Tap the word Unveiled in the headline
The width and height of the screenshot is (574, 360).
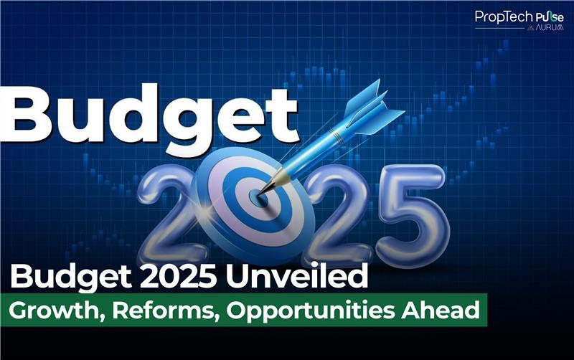click(x=296, y=276)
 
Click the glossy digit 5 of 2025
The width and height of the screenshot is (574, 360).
click(x=412, y=216)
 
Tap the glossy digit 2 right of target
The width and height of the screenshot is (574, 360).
click(x=339, y=216)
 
